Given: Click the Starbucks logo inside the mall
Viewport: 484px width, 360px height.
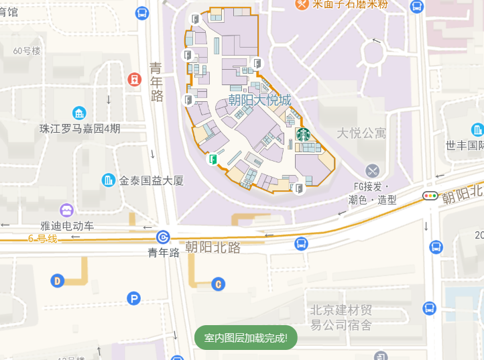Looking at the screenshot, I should (x=302, y=135).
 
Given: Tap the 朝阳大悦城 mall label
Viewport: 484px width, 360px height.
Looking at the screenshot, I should (x=259, y=101).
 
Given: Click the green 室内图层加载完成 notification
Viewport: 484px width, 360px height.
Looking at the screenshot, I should (x=245, y=338).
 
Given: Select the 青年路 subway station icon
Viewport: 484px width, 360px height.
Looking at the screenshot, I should (x=164, y=237).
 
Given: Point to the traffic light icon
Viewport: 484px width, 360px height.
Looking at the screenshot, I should (x=429, y=196).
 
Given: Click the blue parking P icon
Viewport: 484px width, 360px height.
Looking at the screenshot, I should (x=134, y=298).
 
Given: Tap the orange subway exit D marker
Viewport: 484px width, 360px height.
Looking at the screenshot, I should (x=58, y=280).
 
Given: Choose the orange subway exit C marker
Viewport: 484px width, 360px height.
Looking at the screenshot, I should (x=217, y=284).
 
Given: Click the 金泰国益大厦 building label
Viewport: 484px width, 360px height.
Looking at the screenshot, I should (x=151, y=180).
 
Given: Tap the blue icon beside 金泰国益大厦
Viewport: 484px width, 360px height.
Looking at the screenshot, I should (x=108, y=180).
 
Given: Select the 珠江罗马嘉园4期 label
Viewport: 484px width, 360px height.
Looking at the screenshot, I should (x=80, y=128).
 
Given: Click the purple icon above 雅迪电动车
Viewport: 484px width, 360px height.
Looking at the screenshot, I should (x=66, y=211).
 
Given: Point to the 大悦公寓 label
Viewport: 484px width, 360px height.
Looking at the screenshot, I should (x=361, y=133).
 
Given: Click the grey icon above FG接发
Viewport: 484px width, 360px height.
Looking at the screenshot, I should (x=373, y=170).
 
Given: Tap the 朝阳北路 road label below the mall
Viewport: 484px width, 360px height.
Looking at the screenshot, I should (x=213, y=247).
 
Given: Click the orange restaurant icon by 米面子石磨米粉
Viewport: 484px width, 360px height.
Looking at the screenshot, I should (x=302, y=4).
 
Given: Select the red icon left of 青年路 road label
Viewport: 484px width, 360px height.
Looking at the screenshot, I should (x=135, y=79).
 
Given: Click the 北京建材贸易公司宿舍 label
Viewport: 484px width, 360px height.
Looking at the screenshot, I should (x=341, y=318).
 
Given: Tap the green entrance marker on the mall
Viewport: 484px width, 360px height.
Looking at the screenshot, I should (x=213, y=159).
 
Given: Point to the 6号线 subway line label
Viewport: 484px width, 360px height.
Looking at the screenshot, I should (x=42, y=239).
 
